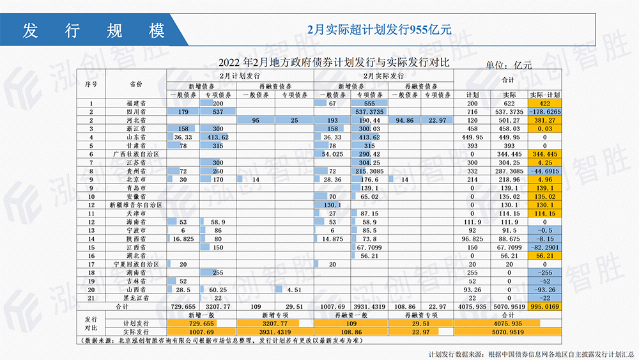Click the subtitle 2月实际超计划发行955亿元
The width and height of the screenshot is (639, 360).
click(x=380, y=29)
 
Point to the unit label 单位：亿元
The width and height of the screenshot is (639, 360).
click(x=509, y=65)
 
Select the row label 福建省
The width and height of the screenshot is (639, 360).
click(x=135, y=103)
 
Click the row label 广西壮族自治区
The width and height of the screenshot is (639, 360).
click(x=135, y=154)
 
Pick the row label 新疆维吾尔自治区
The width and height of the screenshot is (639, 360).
click(x=135, y=205)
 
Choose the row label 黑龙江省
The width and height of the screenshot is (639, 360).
click(x=135, y=297)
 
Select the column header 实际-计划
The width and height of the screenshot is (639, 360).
click(x=545, y=95)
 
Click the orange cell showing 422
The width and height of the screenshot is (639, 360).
click(x=545, y=103)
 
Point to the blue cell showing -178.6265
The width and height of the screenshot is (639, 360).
click(x=545, y=111)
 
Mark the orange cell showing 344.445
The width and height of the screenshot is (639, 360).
click(x=545, y=154)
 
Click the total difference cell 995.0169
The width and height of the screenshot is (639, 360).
click(x=545, y=306)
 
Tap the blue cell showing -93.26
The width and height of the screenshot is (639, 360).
click(x=545, y=289)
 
